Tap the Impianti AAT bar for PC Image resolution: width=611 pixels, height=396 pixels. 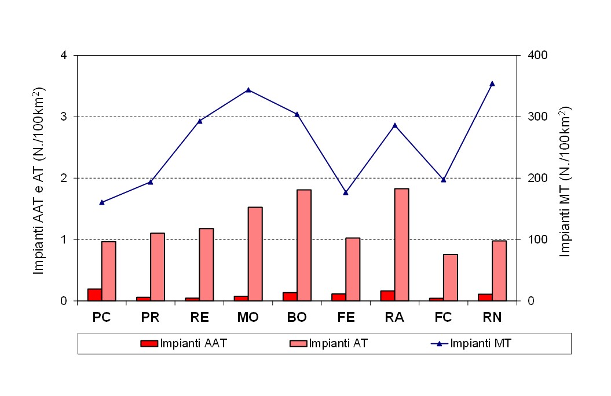click(94, 295)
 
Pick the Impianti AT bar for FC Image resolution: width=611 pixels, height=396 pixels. click(451, 278)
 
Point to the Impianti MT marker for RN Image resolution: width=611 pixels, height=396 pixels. click(492, 83)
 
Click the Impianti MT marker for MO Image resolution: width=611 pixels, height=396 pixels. click(248, 90)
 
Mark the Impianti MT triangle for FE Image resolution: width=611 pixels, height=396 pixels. click(346, 192)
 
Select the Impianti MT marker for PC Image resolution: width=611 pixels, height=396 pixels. click(102, 202)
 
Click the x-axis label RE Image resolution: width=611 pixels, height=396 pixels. click(199, 318)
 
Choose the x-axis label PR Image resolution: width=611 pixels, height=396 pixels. click(151, 318)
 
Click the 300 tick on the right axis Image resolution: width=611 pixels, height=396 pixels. click(533, 117)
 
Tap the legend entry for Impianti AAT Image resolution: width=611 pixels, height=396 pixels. click(183, 343)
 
